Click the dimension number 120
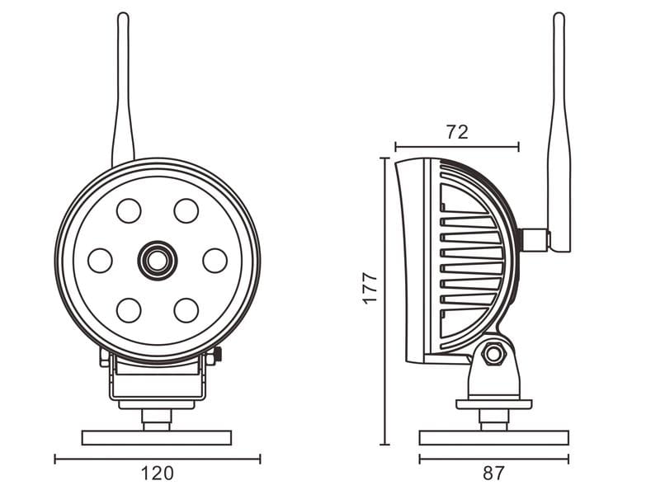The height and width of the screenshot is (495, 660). click(157, 474)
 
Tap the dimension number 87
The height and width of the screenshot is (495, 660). click(493, 474)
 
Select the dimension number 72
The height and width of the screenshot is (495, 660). click(457, 132)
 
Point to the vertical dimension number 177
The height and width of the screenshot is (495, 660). click(370, 288)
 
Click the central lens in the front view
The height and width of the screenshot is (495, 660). click(157, 260)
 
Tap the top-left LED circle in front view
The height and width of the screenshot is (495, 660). click(129, 210)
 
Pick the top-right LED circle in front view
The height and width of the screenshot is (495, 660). click(186, 210)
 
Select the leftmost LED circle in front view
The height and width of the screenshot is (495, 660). click(100, 261)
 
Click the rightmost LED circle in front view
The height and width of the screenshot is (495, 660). click(214, 261)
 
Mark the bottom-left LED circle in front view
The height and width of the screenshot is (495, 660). click(129, 310)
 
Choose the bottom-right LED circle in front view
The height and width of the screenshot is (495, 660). click(186, 310)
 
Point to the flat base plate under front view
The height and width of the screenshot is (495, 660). click(157, 436)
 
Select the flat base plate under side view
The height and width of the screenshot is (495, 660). click(493, 436)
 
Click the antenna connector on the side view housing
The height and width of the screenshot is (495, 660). click(535, 239)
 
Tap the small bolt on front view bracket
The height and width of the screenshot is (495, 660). click(217, 356)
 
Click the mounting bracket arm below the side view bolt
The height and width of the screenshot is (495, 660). click(493, 382)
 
